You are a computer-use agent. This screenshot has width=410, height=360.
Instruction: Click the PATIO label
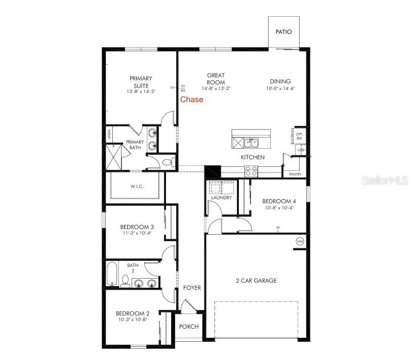283,31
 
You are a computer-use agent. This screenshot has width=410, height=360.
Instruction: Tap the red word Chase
192,100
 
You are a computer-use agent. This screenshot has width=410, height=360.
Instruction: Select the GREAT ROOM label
216,78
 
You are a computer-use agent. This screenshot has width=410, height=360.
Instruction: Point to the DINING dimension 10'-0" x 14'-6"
280,88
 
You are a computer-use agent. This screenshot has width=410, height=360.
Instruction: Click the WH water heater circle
300,242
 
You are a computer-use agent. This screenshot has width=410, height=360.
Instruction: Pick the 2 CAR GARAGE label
256,281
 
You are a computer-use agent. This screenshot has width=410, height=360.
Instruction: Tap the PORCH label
189,327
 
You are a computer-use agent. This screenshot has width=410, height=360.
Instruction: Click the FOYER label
192,288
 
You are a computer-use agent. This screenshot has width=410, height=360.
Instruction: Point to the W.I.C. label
137,187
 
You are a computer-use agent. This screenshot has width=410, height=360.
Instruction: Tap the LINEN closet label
109,134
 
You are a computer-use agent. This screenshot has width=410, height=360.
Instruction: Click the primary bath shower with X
114,156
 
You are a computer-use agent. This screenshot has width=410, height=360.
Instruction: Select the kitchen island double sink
252,143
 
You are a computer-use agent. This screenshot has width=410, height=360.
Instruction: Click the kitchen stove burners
251,170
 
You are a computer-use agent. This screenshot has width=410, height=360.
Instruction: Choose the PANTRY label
295,174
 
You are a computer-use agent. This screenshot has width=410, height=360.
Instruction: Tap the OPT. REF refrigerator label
299,136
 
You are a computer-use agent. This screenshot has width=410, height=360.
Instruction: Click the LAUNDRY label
221,198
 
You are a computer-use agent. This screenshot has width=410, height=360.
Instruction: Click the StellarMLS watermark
385,179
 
